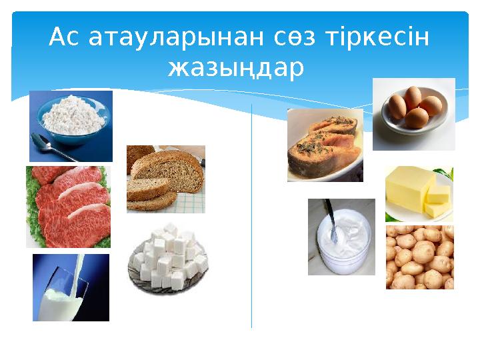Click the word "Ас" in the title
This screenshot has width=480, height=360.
pos(65,39)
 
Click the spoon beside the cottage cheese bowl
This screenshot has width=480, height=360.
pos(55,148)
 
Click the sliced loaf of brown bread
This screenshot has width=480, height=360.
pos(165,178)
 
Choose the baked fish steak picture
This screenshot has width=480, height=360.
pos(325,145)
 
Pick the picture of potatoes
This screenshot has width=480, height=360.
pos(419,257)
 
